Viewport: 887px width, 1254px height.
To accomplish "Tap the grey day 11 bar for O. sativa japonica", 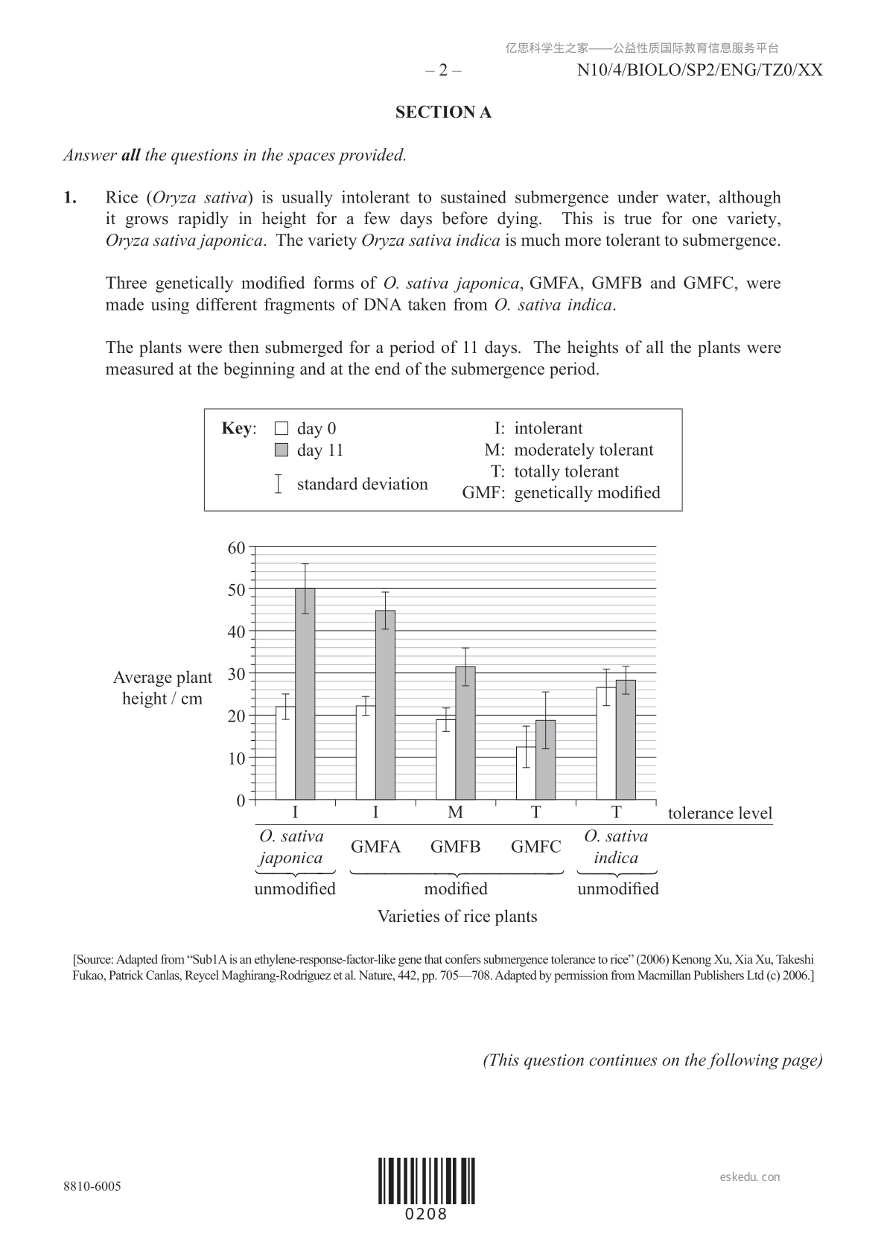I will pos(305,693).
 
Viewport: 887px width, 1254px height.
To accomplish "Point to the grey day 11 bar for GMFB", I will pos(465,733).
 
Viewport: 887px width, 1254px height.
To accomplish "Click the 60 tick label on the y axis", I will pos(236,548).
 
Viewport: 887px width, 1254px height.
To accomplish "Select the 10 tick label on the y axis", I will pos(236,759).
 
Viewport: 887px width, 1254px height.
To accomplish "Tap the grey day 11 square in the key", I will pos(282,450).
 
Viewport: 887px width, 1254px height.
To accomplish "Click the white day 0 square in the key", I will pos(282,428).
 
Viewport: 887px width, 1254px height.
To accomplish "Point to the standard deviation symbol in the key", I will pos(278,484).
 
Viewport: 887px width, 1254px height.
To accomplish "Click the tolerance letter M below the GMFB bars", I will pos(455,812).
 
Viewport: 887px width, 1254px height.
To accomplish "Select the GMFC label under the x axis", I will pos(535,847).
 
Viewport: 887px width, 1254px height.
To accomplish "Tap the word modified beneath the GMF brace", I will pos(456,888).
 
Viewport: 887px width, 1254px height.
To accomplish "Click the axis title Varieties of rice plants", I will pos(457,916).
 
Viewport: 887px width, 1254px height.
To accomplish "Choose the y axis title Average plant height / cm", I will pos(162,688).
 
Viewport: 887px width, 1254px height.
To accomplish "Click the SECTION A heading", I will pos(443,112).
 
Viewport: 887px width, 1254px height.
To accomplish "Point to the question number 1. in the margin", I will pos(70,197).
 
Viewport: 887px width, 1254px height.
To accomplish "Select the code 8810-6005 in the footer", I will pos(92,1186).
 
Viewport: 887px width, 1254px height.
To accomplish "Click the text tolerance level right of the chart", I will pos(720,813).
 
